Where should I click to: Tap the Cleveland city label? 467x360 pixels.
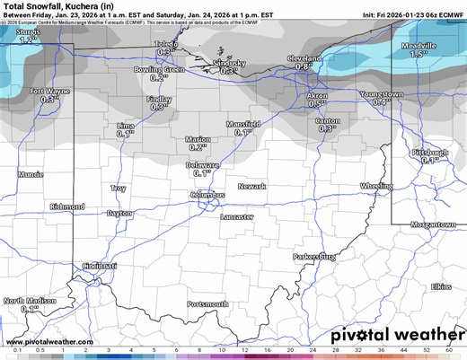(304, 57)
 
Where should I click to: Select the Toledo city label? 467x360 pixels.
(166, 44)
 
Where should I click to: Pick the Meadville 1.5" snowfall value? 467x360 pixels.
(417, 55)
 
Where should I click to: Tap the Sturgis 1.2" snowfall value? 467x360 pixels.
(28, 40)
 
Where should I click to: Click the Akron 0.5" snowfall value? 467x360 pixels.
(317, 104)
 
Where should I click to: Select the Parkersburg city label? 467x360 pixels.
(314, 256)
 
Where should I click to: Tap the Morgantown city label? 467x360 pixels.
(439, 224)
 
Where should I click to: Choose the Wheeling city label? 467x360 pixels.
(370, 186)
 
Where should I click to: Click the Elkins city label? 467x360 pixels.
(441, 286)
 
